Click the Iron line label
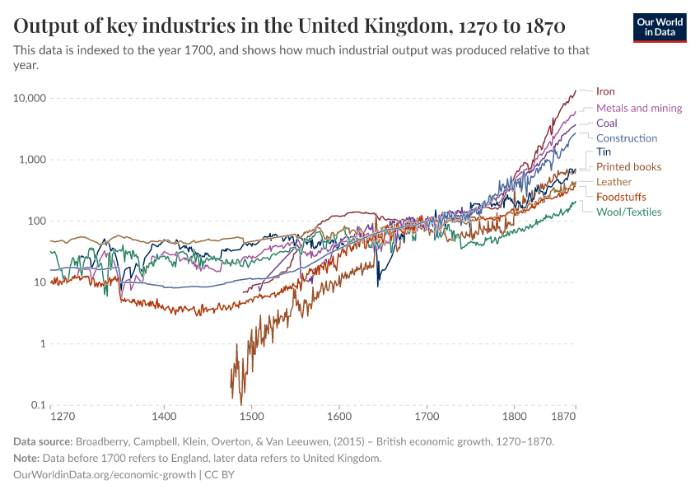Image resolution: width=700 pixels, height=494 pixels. click(605, 91)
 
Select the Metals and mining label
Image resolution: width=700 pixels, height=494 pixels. click(639, 108)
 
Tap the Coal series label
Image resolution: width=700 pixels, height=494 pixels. click(606, 123)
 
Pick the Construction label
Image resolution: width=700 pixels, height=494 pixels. click(627, 138)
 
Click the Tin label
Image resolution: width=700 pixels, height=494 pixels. click(603, 152)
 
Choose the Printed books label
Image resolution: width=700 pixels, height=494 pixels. click(628, 167)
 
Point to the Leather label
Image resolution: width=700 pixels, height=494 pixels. click(614, 182)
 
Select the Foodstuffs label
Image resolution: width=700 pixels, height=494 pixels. click(621, 197)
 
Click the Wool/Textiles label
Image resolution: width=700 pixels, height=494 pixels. click(628, 212)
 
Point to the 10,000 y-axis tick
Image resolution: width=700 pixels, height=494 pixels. click(29, 98)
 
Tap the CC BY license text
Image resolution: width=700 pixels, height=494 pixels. click(217, 474)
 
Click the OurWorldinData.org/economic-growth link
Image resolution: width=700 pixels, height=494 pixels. click(105, 474)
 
